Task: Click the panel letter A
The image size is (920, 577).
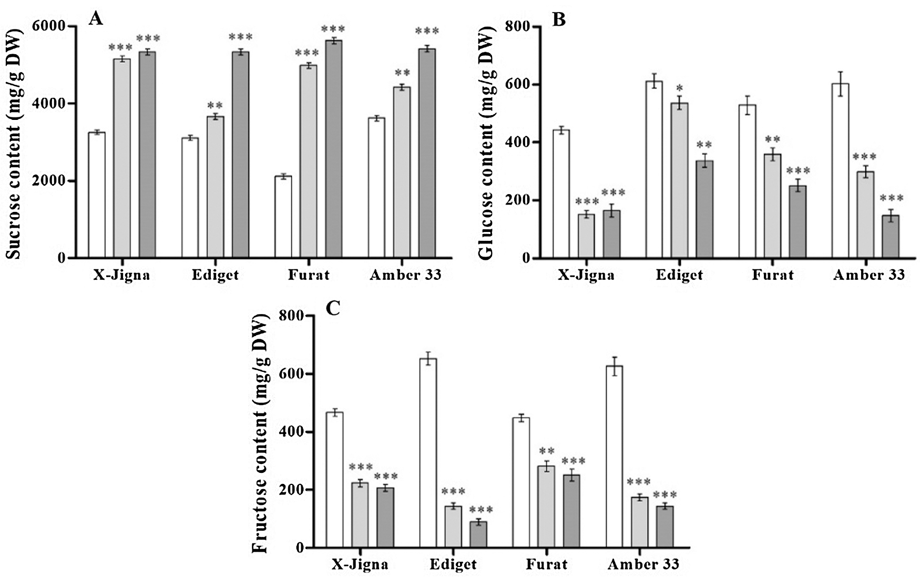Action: [x=95, y=19]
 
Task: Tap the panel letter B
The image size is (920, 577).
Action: [x=559, y=19]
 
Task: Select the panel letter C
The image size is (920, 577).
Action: [x=333, y=308]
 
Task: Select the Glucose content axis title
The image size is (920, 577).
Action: [x=487, y=142]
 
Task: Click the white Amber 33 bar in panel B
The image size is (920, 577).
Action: [x=840, y=171]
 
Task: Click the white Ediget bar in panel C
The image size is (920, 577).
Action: [x=428, y=453]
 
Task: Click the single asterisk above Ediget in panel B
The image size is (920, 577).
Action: [x=679, y=87]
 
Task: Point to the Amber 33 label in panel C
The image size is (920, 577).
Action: [x=643, y=565]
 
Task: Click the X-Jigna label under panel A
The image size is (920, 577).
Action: [x=121, y=275]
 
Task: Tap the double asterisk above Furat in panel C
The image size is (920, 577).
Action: [x=547, y=452]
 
